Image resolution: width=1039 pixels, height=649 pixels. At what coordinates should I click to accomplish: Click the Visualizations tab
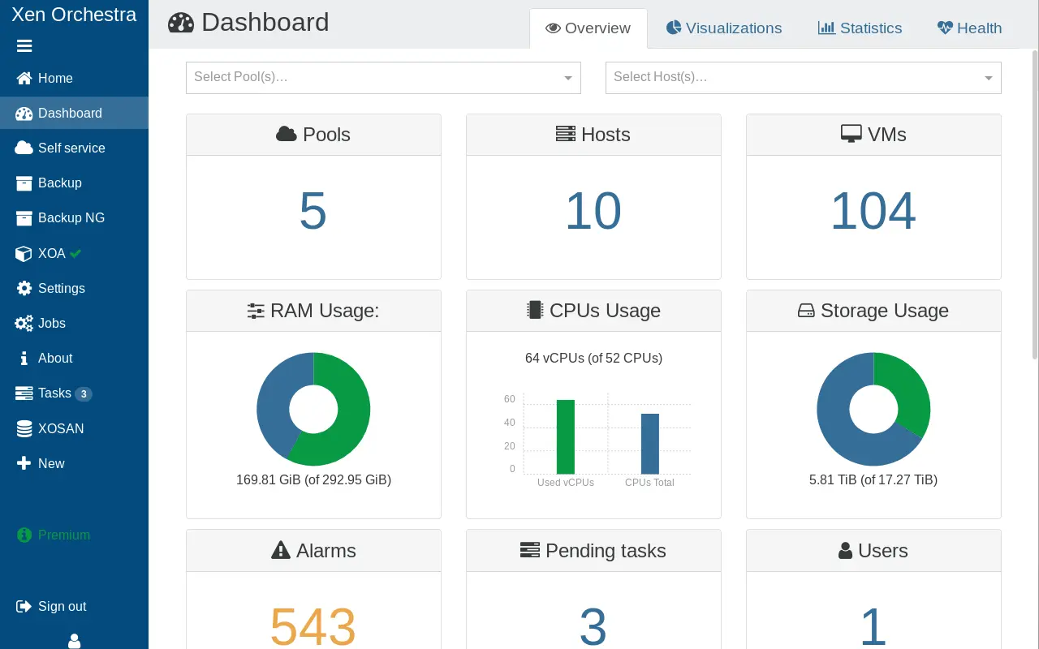point(724,28)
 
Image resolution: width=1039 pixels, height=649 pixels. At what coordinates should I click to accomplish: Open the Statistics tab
point(860,28)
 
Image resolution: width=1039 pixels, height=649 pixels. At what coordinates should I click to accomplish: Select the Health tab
point(969,28)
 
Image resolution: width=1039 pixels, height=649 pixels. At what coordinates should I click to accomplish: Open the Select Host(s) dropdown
point(803,77)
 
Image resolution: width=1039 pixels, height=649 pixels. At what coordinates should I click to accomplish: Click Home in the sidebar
point(55,78)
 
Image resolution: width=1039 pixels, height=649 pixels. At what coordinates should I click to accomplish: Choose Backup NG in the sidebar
point(71,217)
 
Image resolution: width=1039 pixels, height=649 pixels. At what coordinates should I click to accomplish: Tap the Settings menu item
point(61,288)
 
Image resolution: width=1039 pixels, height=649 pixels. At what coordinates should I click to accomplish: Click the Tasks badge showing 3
point(83,394)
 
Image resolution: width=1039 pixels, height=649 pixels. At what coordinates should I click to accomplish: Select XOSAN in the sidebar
point(61,428)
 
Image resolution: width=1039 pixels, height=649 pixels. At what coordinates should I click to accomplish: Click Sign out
point(62,606)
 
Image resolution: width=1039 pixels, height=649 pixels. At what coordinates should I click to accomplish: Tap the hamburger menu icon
point(24,46)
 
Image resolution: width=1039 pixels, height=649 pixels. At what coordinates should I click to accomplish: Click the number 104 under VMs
point(873,212)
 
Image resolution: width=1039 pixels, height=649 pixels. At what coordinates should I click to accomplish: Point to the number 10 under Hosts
point(593,212)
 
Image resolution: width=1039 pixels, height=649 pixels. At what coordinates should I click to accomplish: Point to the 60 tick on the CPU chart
point(510,399)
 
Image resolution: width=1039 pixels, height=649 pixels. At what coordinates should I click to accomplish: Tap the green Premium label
point(63,535)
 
